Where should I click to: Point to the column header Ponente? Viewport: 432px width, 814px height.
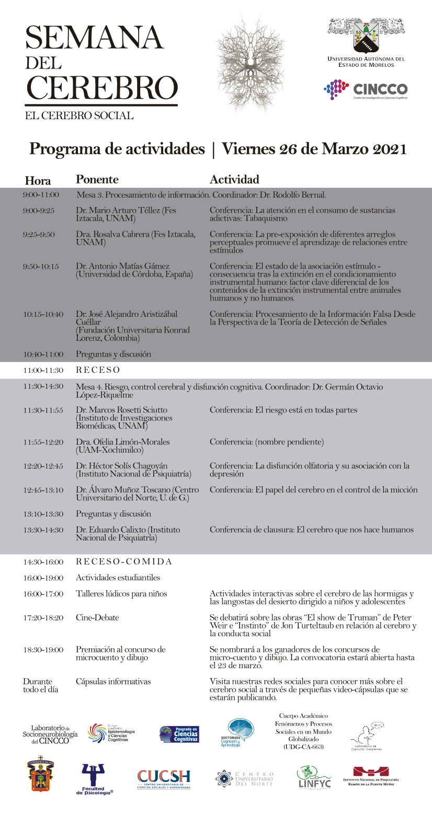pyautogui.click(x=97, y=179)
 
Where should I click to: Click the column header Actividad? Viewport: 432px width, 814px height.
pyautogui.click(x=234, y=179)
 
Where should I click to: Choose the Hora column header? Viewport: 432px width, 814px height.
pyautogui.click(x=38, y=181)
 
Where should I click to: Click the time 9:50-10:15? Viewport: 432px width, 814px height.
pyautogui.click(x=41, y=266)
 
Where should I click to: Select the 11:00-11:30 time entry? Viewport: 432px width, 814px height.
pyautogui.click(x=43, y=370)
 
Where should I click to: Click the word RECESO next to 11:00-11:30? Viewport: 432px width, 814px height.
pyautogui.click(x=98, y=370)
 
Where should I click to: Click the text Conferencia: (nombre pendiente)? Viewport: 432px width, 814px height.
pyautogui.click(x=267, y=442)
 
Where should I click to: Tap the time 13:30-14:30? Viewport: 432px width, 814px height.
pyautogui.click(x=43, y=530)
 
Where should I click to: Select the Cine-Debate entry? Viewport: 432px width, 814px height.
pyautogui.click(x=97, y=617)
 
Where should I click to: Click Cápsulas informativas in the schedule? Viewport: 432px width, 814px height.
pyautogui.click(x=113, y=681)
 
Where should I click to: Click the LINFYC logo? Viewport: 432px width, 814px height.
pyautogui.click(x=314, y=777)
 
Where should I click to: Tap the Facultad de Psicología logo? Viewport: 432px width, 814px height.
pyautogui.click(x=95, y=778)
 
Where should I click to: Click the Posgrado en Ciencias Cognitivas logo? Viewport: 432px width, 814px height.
pyautogui.click(x=179, y=734)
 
